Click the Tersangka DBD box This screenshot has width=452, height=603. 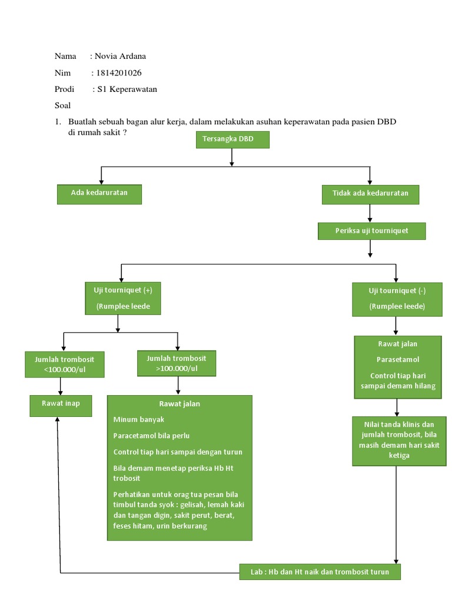(x=232, y=140)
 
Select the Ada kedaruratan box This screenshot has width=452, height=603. (x=99, y=194)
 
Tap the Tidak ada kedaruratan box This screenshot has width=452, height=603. (x=370, y=194)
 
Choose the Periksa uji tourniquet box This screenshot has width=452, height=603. (x=371, y=231)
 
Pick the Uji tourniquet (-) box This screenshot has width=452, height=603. (x=397, y=299)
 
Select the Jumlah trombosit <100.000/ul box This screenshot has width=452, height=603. (x=65, y=365)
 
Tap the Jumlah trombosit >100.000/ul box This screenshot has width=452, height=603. (x=177, y=363)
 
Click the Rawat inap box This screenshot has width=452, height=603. (x=61, y=405)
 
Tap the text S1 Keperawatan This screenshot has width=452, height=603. (x=127, y=90)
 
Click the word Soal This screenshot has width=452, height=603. (x=62, y=106)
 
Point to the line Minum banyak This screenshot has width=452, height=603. (x=139, y=419)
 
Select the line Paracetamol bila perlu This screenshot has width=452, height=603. (x=151, y=436)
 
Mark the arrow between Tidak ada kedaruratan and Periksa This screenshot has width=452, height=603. (x=370, y=213)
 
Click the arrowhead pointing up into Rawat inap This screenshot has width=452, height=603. (x=58, y=420)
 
